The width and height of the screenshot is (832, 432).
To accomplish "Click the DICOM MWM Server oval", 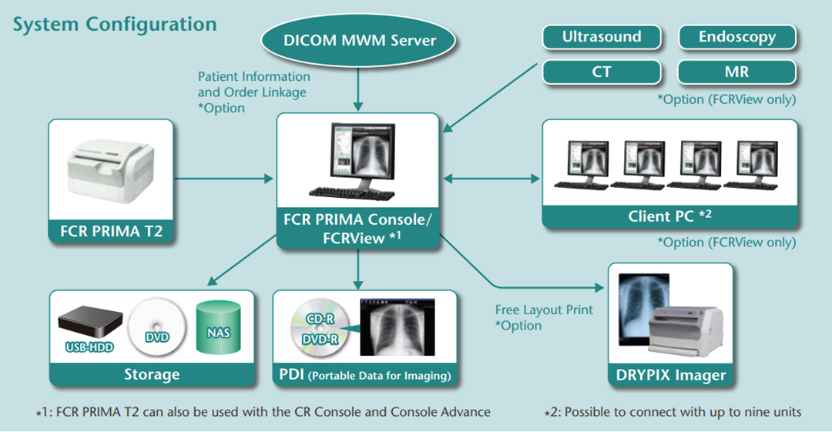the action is click(358, 40).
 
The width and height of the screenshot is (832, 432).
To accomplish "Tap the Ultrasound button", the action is click(602, 37).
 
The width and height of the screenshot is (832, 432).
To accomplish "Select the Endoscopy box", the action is click(737, 37).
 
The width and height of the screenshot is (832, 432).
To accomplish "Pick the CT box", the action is click(602, 72).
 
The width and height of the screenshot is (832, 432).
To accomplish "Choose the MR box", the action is click(737, 72).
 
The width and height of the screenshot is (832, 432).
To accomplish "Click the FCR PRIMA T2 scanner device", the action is click(110, 171).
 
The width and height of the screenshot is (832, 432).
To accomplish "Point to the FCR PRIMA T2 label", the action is click(111, 231).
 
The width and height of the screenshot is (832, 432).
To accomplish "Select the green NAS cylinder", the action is click(218, 327).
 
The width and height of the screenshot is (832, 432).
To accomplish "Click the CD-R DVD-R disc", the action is click(320, 327).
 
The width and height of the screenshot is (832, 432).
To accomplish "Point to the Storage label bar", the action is click(152, 374).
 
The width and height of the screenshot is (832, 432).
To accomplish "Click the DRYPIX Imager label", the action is click(671, 375).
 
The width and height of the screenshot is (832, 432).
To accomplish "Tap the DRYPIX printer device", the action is click(686, 331).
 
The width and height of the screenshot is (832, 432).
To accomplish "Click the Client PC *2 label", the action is click(669, 216).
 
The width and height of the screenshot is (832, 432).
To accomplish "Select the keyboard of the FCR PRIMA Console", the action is click(352, 193).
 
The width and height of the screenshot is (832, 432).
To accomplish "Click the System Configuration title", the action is click(115, 25).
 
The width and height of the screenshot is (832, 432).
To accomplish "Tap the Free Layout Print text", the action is click(544, 310).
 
